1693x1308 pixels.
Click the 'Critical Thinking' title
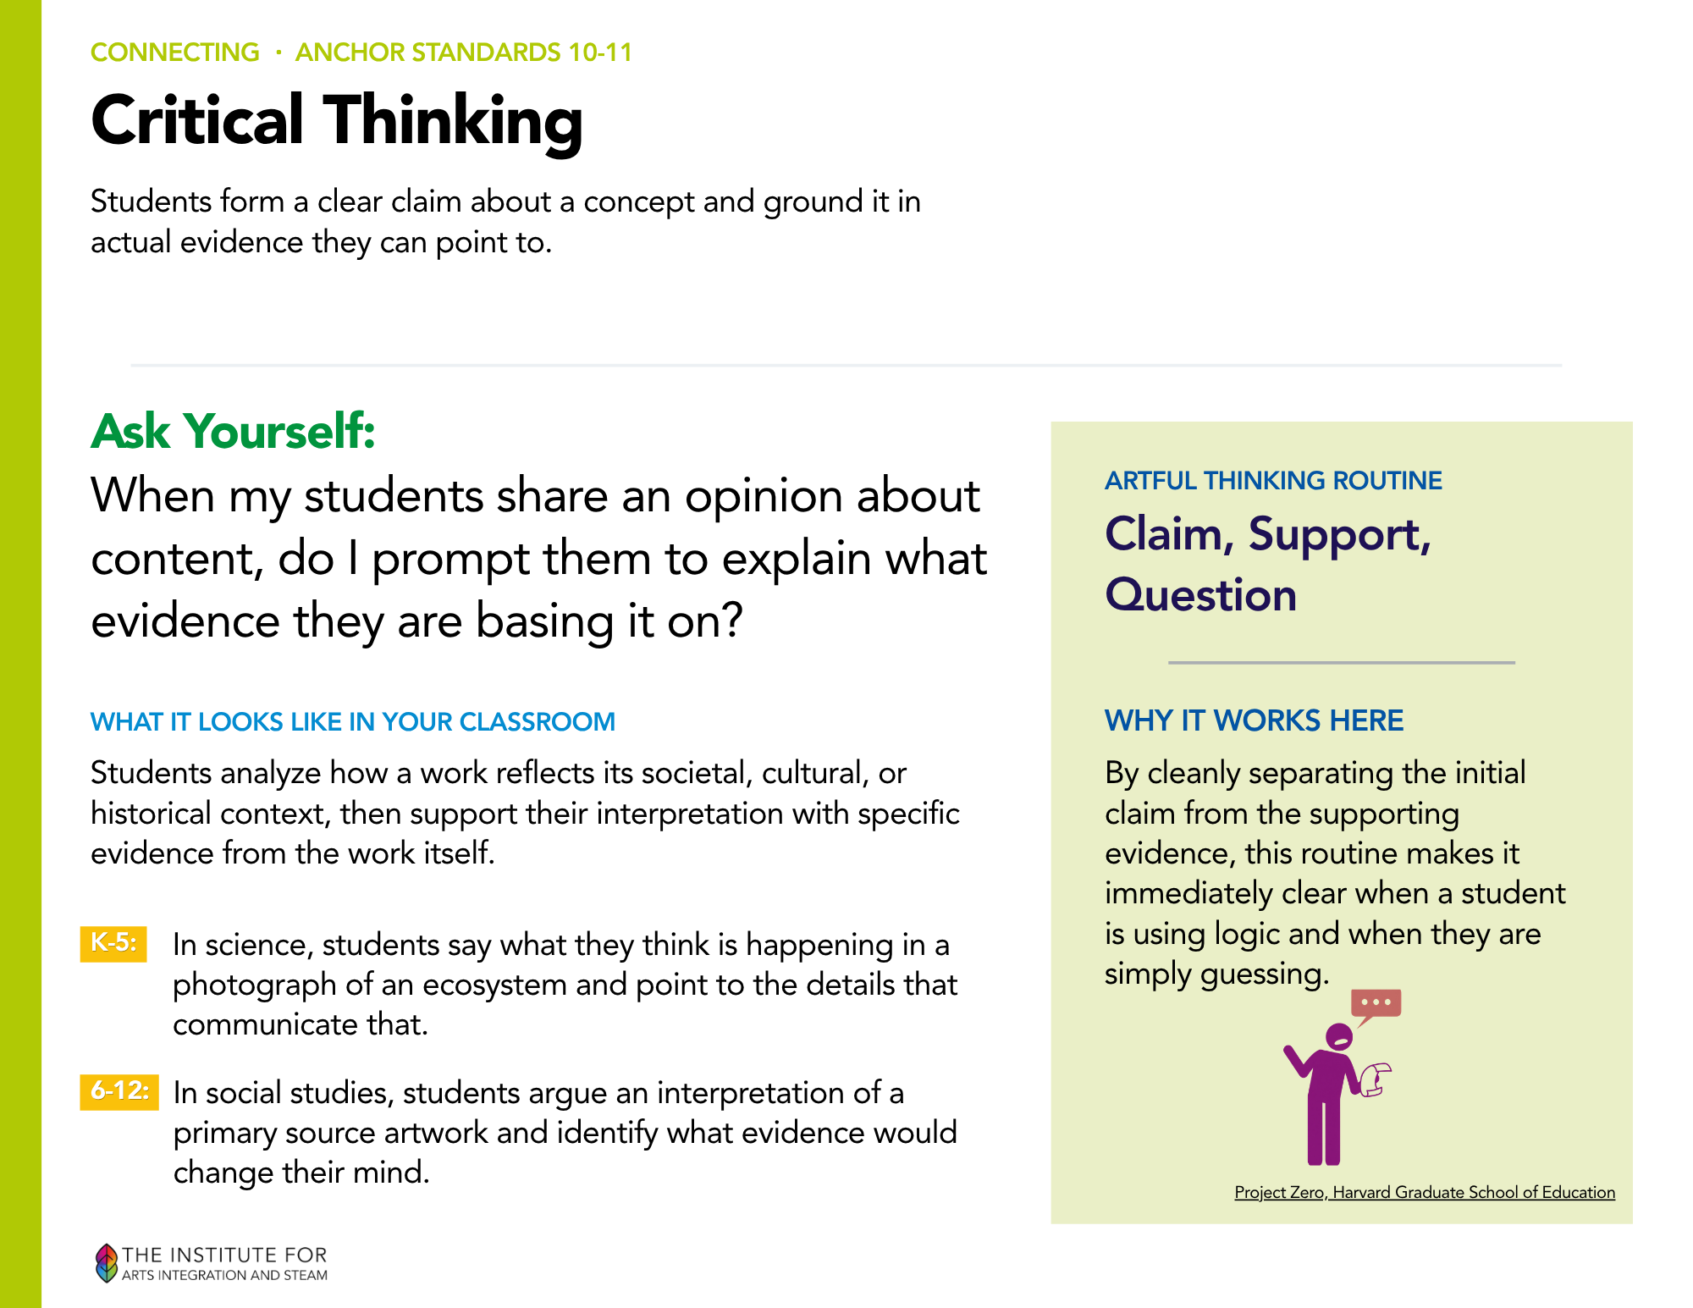[x=337, y=122]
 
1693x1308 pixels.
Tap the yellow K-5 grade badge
[x=113, y=943]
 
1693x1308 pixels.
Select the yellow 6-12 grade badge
[x=119, y=1091]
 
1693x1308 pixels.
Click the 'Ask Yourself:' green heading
[x=233, y=431]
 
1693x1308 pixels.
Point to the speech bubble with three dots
[x=1376, y=1004]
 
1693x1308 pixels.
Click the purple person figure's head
[x=1339, y=1036]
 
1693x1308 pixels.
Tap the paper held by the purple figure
[x=1376, y=1079]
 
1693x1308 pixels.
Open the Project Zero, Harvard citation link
[x=1425, y=1192]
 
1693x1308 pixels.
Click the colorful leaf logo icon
[x=106, y=1262]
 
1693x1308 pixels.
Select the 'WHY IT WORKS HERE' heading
[x=1254, y=720]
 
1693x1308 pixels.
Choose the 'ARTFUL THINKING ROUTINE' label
[x=1273, y=481]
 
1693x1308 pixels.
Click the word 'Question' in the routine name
[x=1200, y=595]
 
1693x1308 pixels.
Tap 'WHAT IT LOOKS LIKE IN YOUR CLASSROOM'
[x=353, y=722]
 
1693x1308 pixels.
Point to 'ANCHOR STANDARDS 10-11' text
[x=464, y=52]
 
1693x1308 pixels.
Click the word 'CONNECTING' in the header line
[x=175, y=52]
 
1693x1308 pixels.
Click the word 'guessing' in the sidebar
[x=1260, y=975]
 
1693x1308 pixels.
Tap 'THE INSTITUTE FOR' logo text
[x=224, y=1255]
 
